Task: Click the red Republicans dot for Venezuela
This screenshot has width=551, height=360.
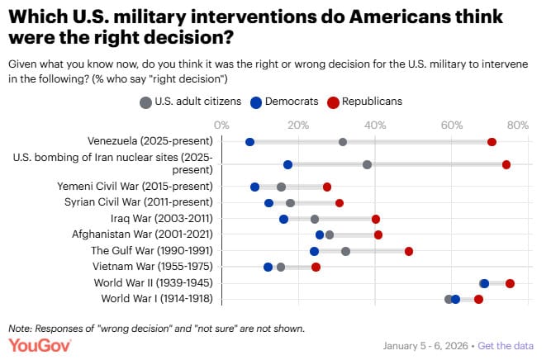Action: click(492, 142)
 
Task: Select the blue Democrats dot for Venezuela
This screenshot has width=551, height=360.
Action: click(249, 142)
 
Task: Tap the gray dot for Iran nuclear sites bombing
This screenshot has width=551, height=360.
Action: click(367, 164)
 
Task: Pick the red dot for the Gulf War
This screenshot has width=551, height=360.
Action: click(409, 251)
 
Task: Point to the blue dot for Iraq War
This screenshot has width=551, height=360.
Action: click(283, 219)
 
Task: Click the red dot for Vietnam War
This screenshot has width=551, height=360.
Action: click(316, 267)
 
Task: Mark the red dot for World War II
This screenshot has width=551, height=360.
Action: click(510, 283)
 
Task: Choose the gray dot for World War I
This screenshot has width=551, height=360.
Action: click(448, 299)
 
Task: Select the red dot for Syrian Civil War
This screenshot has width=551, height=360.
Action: click(339, 202)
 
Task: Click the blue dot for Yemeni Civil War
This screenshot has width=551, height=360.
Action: click(254, 187)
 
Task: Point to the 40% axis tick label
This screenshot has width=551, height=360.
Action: click(375, 125)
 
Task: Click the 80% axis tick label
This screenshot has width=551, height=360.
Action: click(517, 125)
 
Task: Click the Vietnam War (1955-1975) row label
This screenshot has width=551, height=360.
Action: click(154, 267)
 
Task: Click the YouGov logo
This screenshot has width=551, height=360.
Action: click(39, 344)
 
